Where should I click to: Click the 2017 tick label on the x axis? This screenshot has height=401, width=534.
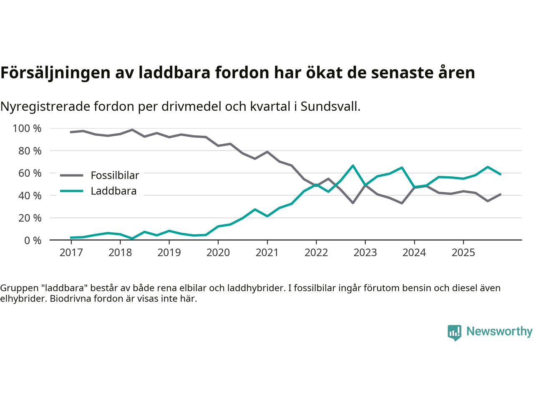click(71, 253)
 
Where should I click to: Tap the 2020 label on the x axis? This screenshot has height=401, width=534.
click(218, 253)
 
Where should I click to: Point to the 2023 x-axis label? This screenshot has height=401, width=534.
click(365, 253)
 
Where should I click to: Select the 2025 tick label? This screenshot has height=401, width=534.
click(463, 253)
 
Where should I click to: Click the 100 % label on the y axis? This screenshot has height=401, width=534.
click(27, 128)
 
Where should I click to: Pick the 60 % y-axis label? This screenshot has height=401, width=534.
click(30, 173)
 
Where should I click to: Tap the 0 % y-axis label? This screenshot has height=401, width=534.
click(32, 240)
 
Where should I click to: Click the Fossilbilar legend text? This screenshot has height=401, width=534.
click(115, 175)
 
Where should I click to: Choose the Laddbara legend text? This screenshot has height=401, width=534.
click(113, 191)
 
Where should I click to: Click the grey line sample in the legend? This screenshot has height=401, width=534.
click(71, 175)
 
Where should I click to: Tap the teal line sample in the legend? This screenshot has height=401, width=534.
click(71, 191)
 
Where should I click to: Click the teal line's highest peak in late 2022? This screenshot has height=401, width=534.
click(353, 166)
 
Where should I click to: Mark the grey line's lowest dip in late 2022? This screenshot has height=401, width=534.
click(353, 203)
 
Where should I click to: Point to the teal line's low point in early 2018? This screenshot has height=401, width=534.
click(132, 239)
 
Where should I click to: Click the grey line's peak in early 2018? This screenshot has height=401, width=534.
click(132, 130)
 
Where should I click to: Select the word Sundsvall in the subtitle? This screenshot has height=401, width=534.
click(330, 107)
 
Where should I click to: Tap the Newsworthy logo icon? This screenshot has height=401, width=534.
click(454, 332)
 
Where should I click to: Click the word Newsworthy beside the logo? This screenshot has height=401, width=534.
click(499, 331)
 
